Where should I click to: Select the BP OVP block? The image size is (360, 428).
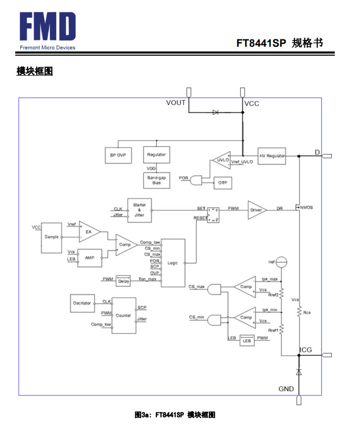[118, 155]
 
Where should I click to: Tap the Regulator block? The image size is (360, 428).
[156, 155]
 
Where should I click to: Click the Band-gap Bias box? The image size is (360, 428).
[156, 180]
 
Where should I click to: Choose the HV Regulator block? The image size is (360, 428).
[272, 156]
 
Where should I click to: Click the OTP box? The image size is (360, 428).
[223, 183]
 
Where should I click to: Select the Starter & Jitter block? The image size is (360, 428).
[140, 211]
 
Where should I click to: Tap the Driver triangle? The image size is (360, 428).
[257, 210]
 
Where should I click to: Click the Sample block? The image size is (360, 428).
[51, 237]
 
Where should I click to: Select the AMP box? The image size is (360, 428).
[90, 258]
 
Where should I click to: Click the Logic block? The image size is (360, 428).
[173, 263]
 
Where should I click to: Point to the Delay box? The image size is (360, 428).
[123, 280]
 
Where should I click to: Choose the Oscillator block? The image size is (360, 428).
[82, 304]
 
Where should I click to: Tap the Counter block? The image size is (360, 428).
[124, 316]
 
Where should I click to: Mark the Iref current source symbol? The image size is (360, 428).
[281, 262]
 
